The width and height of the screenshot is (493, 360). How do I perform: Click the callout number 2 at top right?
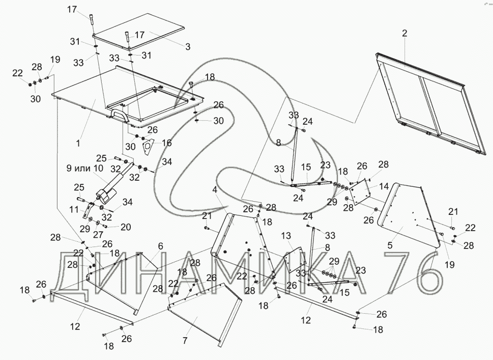[404, 34]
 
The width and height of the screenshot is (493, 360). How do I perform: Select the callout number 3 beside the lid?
[188, 47]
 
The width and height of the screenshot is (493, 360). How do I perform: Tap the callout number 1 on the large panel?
[78, 144]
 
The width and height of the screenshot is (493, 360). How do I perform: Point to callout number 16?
[167, 143]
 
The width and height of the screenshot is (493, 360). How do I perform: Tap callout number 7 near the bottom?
[185, 340]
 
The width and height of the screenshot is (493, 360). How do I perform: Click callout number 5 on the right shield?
[390, 245]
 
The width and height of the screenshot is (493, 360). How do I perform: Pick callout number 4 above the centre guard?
[215, 189]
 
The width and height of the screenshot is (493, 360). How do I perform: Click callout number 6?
[160, 245]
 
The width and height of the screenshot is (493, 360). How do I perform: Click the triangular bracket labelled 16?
[148, 148]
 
